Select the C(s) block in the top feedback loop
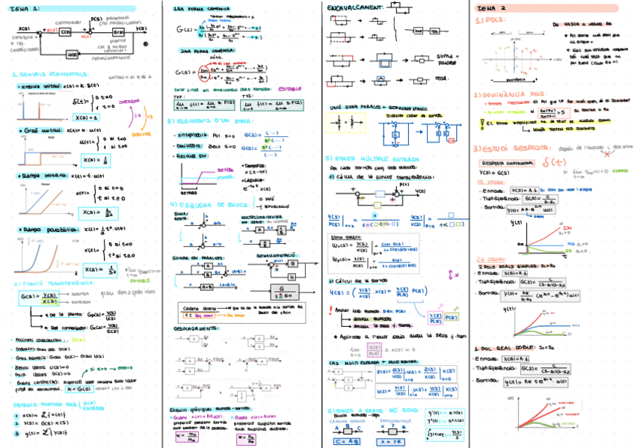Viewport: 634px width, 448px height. click(66, 32)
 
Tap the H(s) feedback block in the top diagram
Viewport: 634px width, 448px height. click(72, 55)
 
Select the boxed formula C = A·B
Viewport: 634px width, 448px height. click(348, 441)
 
